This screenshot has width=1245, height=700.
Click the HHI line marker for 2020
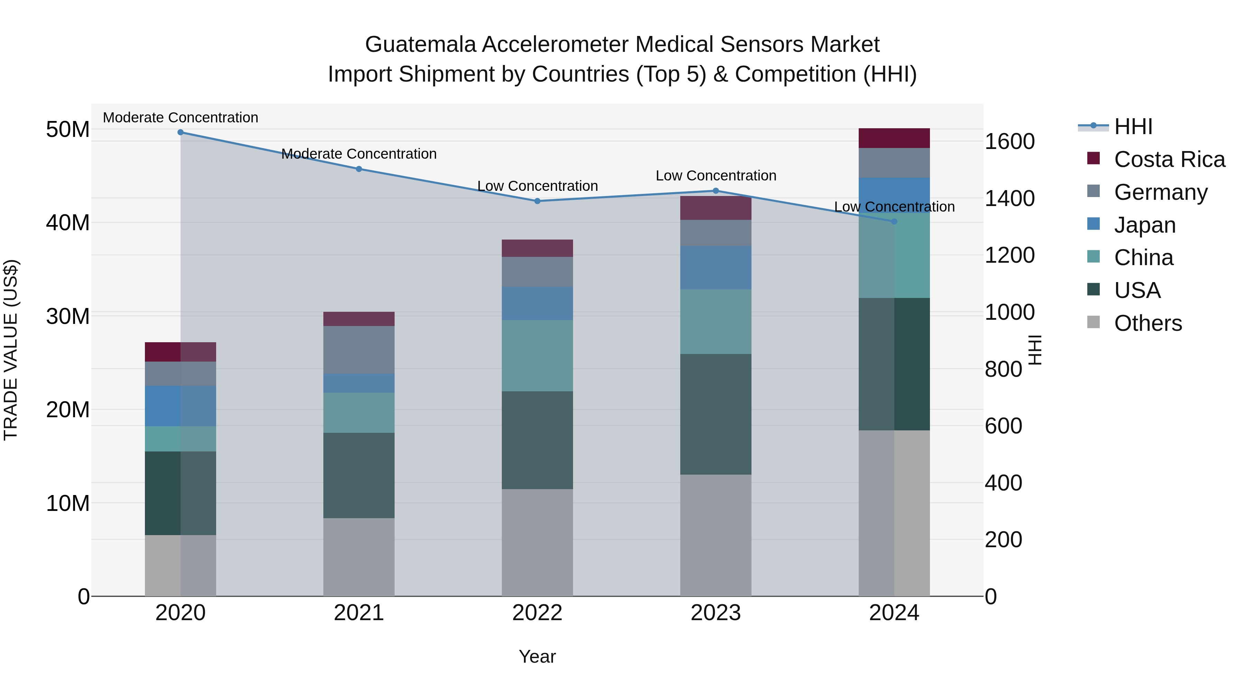180,132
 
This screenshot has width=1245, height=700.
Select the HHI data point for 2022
537,201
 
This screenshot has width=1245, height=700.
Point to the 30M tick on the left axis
68,316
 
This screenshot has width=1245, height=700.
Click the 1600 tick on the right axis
1009,141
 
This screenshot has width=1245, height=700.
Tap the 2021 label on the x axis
359,613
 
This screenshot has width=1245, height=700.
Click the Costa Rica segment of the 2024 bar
894,138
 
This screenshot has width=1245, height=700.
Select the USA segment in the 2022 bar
537,440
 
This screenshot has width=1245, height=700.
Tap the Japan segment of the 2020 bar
180,406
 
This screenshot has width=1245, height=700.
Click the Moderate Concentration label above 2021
359,153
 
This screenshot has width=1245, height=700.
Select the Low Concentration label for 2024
894,207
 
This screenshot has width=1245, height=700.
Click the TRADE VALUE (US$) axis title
11,350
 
